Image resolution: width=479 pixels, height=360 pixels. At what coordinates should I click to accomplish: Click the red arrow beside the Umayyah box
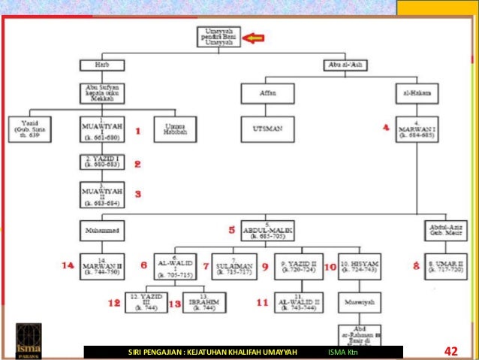coord(258,37)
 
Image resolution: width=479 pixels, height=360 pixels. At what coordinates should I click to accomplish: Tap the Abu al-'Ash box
coord(345,65)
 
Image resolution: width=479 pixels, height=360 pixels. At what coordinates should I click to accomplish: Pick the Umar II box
coord(450,265)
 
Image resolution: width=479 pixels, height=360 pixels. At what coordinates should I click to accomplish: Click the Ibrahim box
coord(203,303)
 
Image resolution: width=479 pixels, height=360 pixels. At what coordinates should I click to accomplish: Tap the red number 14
coord(68,265)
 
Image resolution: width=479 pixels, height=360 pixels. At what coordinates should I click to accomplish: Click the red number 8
coord(415,265)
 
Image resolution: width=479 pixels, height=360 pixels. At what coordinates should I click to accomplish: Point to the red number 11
coord(262,303)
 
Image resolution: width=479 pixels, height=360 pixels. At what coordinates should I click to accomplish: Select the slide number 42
coord(450,351)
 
